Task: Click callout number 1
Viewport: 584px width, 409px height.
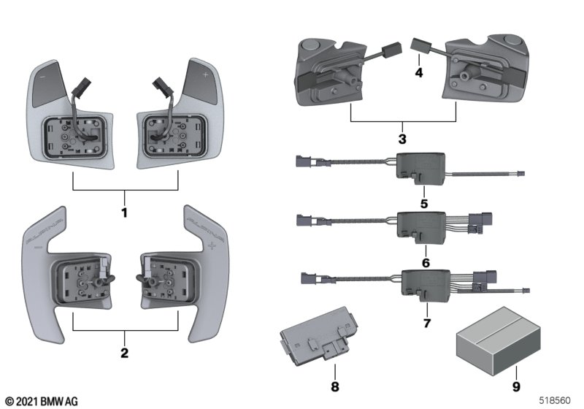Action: pos(124,214)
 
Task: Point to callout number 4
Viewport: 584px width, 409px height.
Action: pos(418,73)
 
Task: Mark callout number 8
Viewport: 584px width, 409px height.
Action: pos(334,385)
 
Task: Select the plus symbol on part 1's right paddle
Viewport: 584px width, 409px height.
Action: pos(206,75)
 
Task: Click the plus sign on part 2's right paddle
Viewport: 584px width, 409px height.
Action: pos(212,248)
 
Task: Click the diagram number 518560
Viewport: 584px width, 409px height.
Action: pos(556,400)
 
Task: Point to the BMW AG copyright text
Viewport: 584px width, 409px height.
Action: pos(41,400)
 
